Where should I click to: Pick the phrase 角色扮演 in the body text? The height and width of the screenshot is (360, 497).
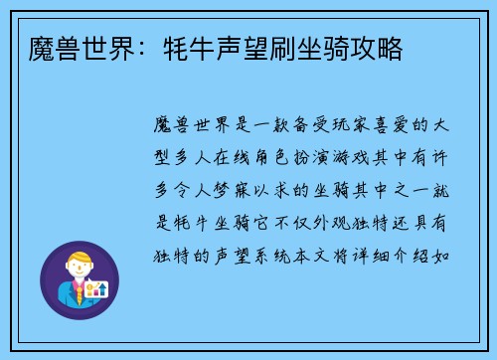point(299,158)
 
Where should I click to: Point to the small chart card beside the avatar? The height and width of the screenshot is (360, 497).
point(96,289)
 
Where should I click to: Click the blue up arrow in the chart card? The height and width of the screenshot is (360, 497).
point(103,288)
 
